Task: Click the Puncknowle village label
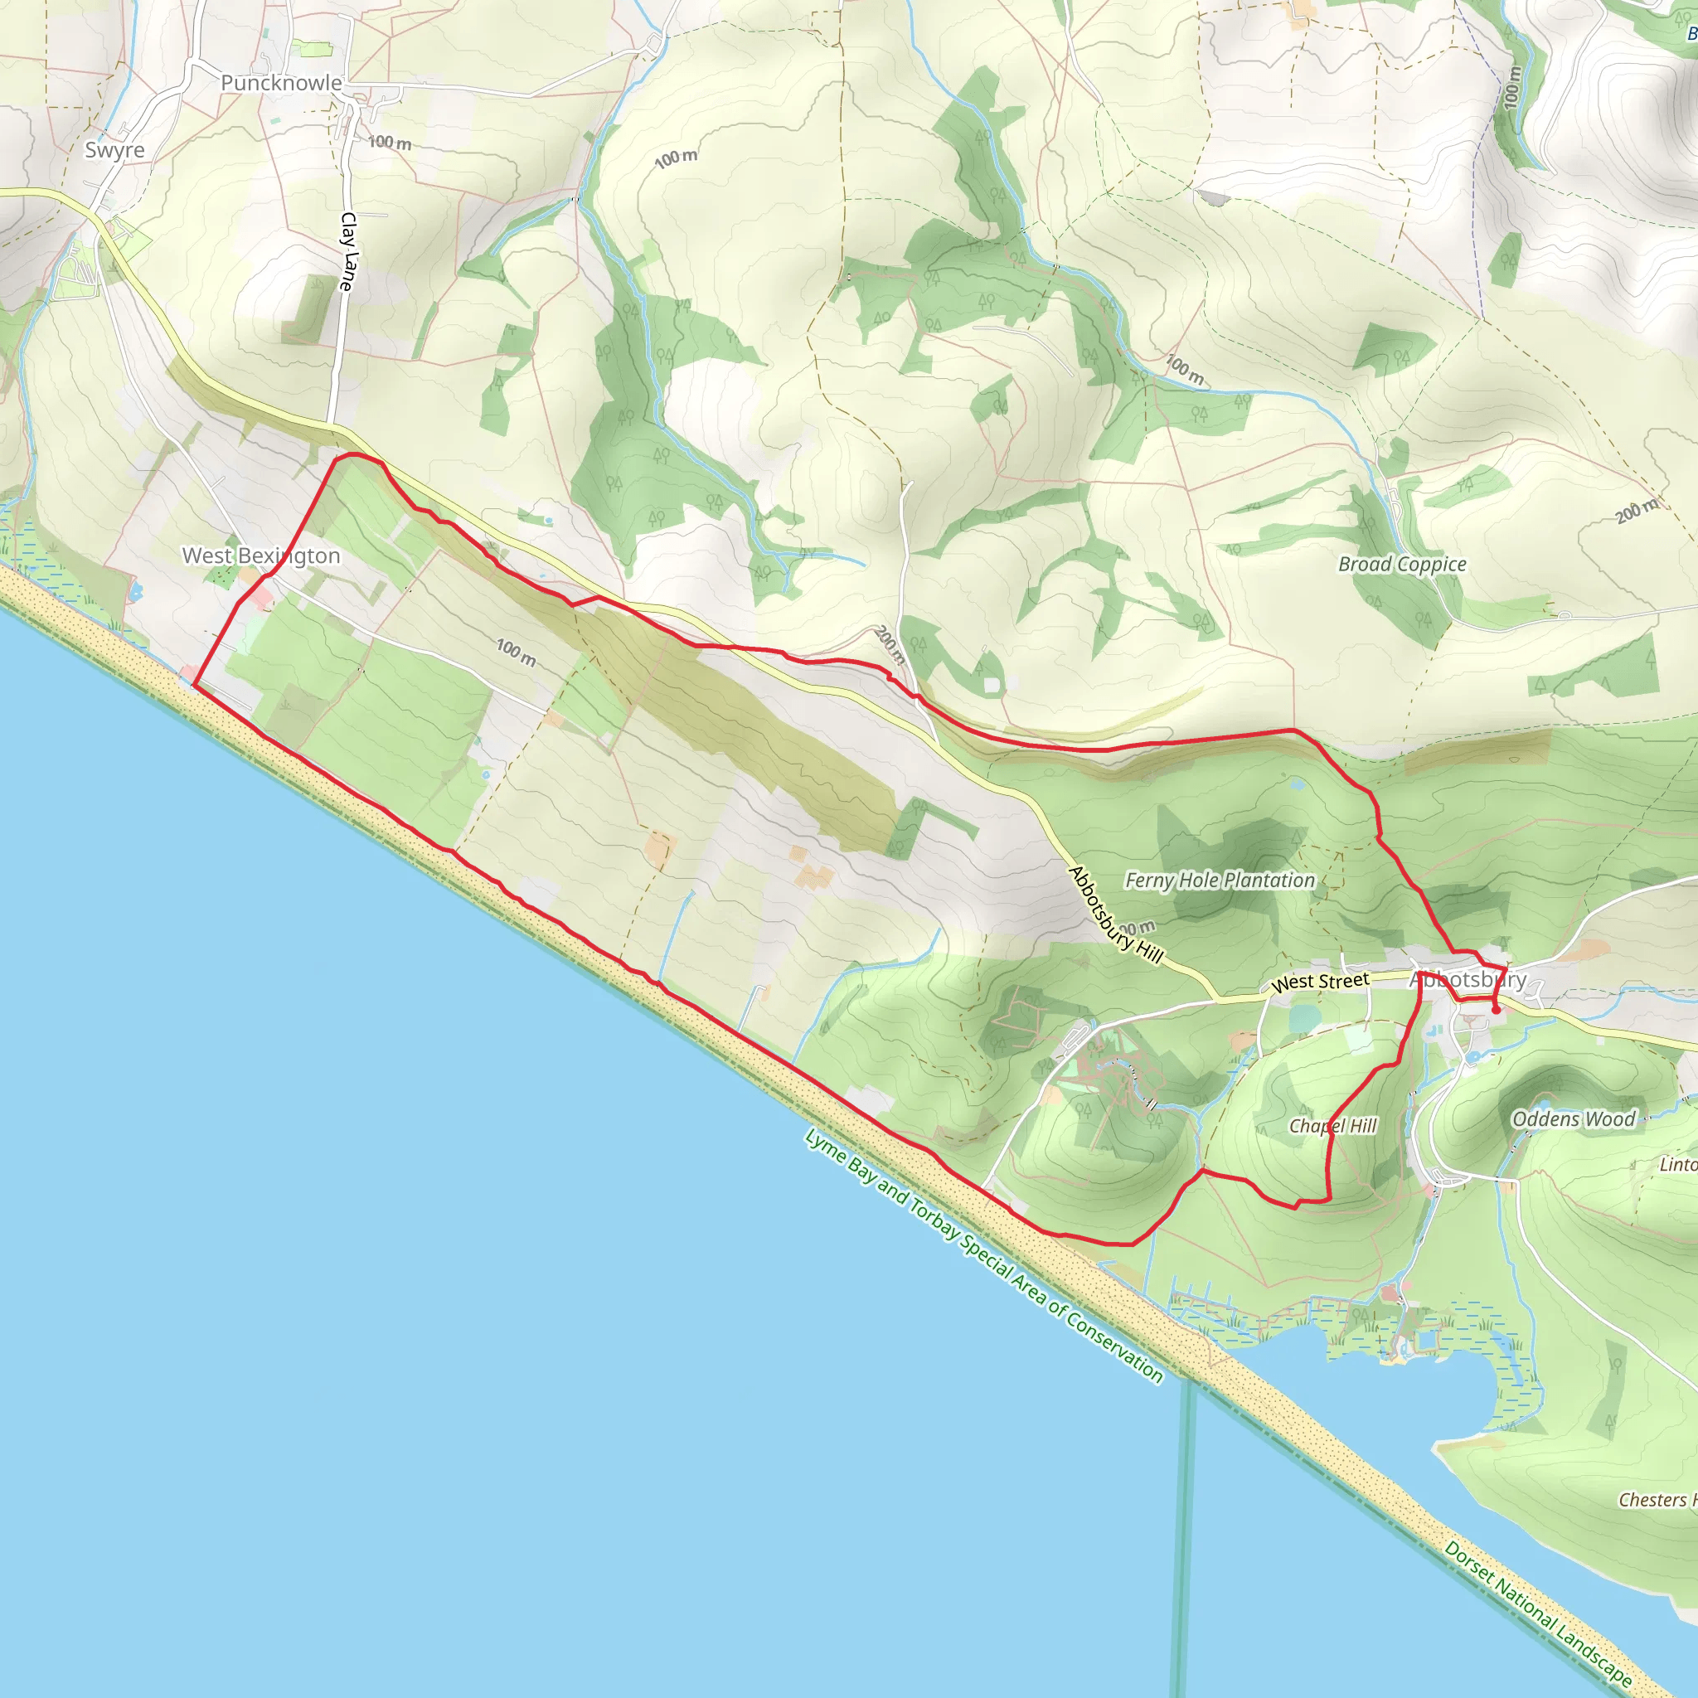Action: pos(281,83)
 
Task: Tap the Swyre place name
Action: pos(114,149)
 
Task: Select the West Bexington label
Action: pos(261,555)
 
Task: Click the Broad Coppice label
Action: pos(1402,565)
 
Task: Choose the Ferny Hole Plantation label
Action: pos(1220,880)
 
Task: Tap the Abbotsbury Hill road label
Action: pos(1115,914)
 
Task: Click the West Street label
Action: pos(1319,982)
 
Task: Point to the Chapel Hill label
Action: pos(1332,1126)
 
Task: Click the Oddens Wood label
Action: pos(1573,1118)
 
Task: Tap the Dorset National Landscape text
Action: pos(1538,1613)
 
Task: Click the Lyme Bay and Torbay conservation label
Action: pos(984,1257)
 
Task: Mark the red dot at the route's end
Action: pos(1496,1010)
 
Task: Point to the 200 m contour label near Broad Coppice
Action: pos(1637,511)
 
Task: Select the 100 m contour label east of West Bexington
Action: pos(516,653)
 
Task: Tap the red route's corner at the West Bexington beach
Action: pos(194,687)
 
